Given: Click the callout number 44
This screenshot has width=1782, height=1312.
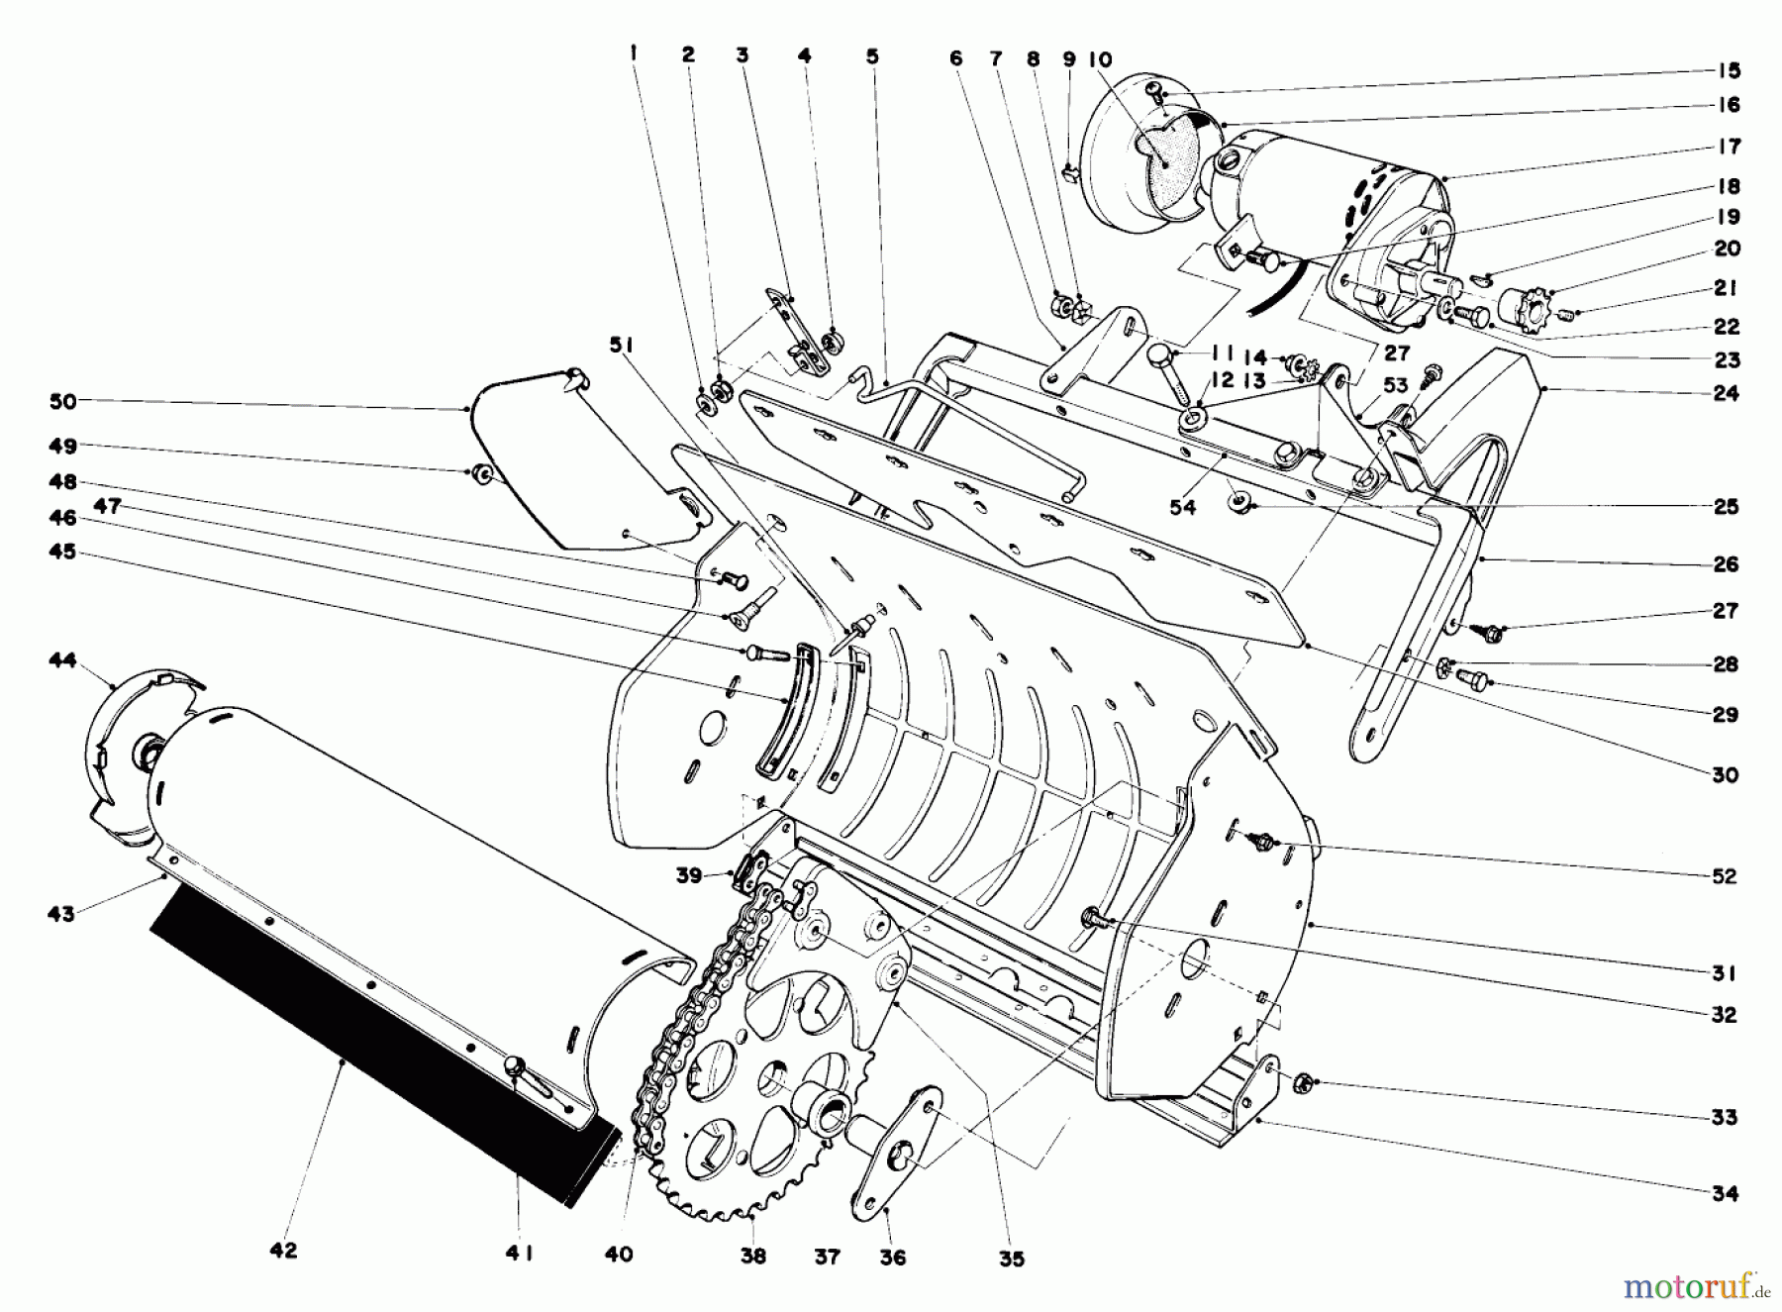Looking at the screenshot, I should pos(62,659).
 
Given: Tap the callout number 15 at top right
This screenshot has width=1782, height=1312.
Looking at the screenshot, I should pos(1729,71).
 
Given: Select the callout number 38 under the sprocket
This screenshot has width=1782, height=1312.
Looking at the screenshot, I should pos(753,1256).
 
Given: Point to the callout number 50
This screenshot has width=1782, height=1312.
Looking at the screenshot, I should pos(62,401).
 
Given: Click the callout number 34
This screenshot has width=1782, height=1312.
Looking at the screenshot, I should pos(1725,1193).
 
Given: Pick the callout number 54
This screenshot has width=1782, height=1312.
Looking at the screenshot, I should pos(1182,507).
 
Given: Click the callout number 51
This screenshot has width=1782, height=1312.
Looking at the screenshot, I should pos(621,345).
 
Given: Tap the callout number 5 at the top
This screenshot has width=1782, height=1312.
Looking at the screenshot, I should pos(871,57).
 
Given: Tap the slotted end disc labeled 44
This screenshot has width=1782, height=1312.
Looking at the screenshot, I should pos(139,753).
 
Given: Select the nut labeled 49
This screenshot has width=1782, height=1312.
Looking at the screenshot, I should pos(484,473).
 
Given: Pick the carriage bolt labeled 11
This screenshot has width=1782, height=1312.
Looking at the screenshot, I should pos(1173,371).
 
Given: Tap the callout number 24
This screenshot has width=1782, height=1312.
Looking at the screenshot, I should pos(1726,393).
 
